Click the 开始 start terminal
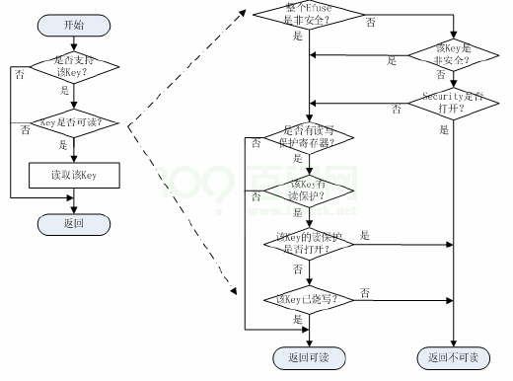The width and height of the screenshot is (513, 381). coord(74,23)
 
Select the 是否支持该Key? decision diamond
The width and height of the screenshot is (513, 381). coord(74,67)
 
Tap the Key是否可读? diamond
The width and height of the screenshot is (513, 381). coord(74,124)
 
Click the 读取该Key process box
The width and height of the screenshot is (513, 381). coord(74,176)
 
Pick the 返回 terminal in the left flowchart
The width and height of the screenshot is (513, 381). coord(74,224)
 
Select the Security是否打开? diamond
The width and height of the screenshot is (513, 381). coord(453,102)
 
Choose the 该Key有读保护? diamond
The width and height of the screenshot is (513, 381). coord(309,190)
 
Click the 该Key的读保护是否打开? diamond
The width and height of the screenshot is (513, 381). coord(309,243)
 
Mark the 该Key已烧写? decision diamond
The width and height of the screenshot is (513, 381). coord(309,299)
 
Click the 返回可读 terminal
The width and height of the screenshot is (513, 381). coord(309,356)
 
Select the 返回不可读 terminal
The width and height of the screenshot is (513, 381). coord(453,356)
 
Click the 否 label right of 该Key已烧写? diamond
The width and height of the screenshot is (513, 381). coord(365,293)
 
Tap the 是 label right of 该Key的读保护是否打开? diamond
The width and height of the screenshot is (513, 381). coord(366,235)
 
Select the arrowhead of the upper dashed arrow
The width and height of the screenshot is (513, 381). coord(243,11)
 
